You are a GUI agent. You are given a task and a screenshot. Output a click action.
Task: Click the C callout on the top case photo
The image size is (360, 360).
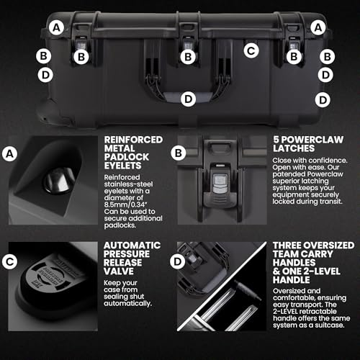click(251, 50)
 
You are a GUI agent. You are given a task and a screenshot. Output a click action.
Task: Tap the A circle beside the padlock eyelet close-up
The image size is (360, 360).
click(10, 153)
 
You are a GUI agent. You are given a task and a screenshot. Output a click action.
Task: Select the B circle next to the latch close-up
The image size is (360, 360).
click(179, 153)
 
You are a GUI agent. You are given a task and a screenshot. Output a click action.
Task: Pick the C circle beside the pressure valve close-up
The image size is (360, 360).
click(10, 261)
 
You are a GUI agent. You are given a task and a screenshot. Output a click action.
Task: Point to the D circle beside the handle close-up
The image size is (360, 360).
click(178, 261)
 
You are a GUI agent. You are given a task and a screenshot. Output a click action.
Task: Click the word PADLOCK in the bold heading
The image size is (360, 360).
click(127, 157)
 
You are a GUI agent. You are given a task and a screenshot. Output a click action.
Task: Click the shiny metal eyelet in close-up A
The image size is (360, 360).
click(59, 181)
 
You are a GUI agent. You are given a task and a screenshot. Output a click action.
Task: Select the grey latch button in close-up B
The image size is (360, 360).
click(220, 183)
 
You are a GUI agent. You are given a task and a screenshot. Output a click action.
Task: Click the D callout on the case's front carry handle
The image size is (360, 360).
click(189, 99)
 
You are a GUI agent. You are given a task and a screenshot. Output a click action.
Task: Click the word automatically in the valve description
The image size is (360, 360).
click(127, 304)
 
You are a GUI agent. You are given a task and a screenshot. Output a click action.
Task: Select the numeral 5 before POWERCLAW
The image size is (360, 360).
click(276, 140)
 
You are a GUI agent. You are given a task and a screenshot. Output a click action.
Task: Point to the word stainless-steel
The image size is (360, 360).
click(128, 184)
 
